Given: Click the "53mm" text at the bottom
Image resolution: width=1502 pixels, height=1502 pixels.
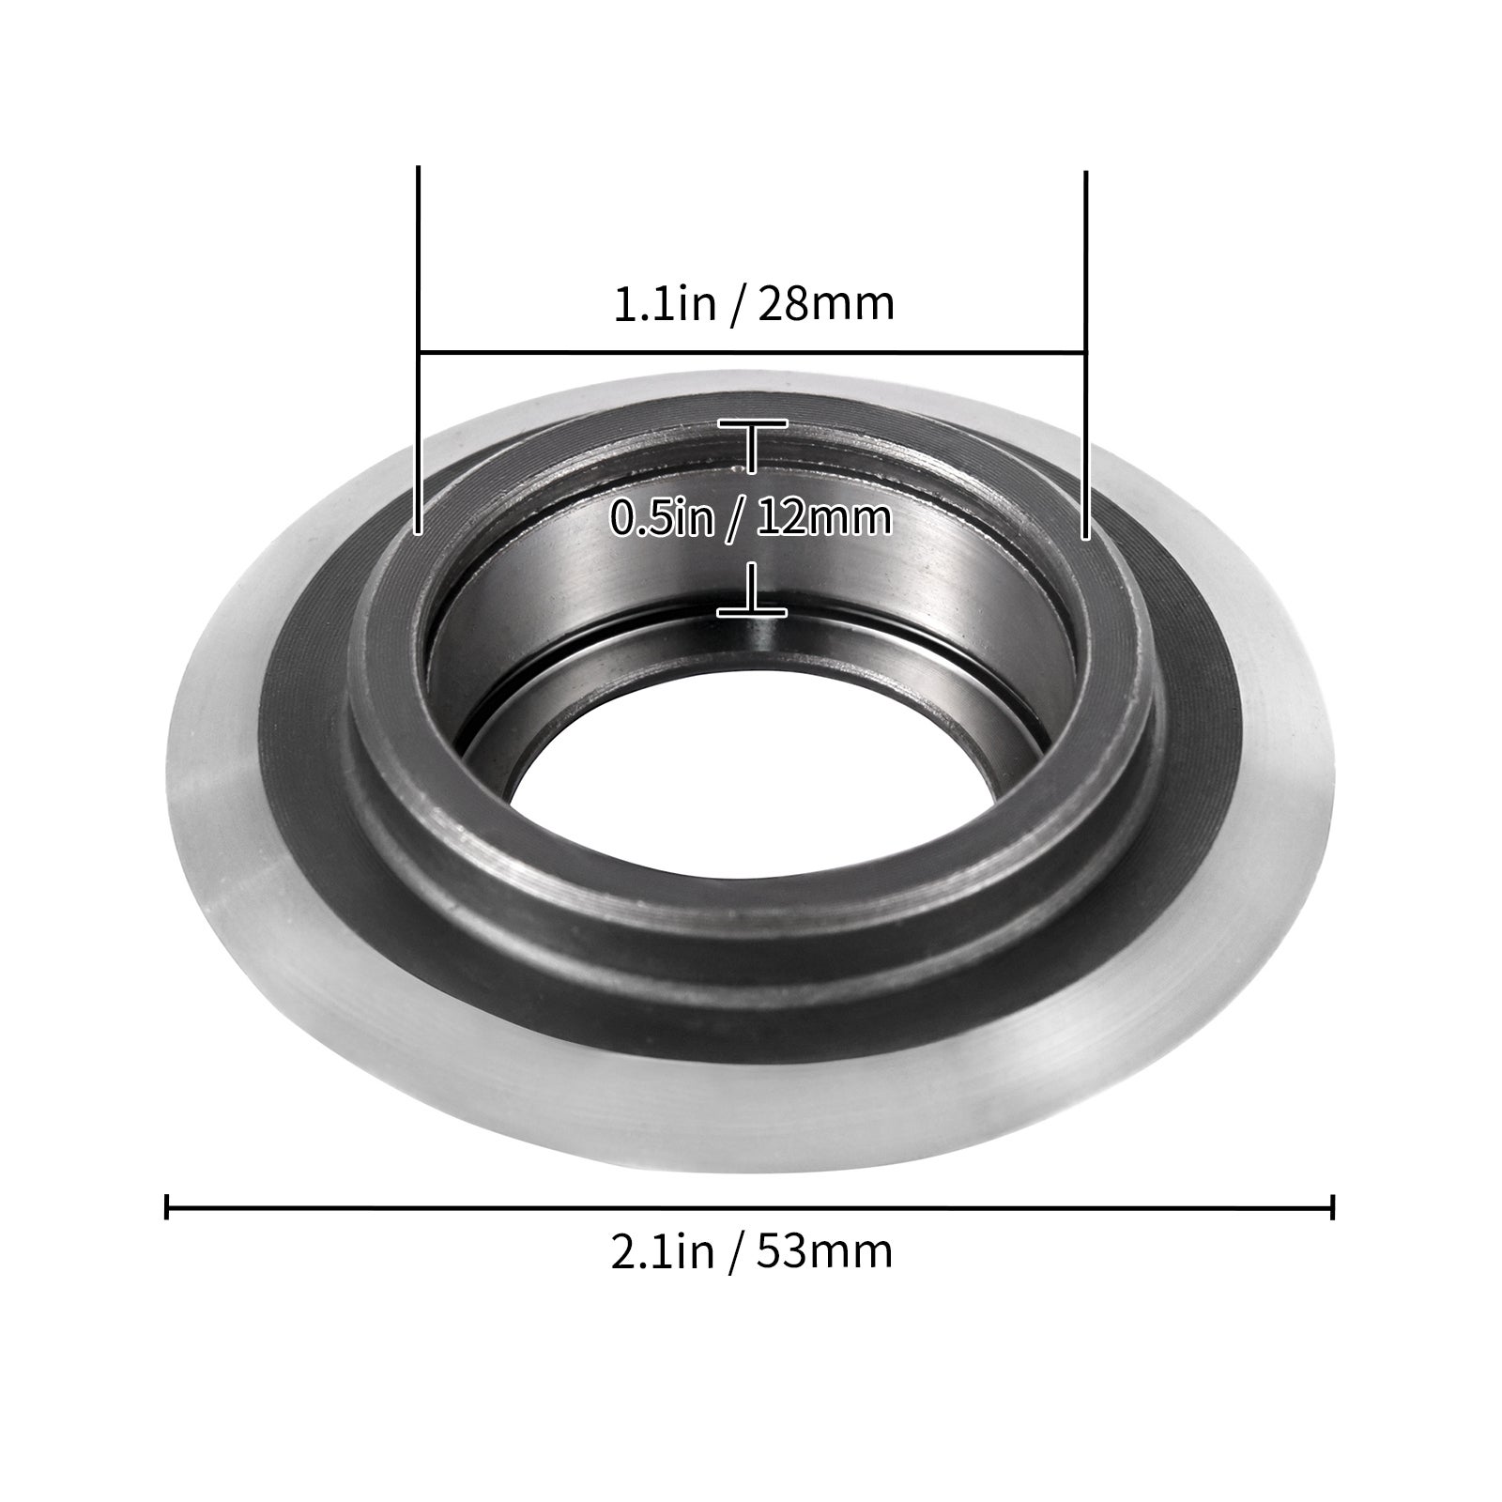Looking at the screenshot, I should click(x=825, y=1251).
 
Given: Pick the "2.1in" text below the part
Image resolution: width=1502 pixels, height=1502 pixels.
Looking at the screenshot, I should click(x=663, y=1251).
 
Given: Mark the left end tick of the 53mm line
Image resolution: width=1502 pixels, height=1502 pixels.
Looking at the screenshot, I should click(x=167, y=1206).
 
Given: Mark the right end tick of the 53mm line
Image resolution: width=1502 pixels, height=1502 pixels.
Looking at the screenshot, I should click(x=1333, y=1206).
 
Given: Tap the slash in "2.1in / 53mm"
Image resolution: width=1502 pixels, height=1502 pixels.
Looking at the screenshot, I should click(x=735, y=1253).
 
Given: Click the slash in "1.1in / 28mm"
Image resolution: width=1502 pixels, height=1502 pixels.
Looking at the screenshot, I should click(x=736, y=306).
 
